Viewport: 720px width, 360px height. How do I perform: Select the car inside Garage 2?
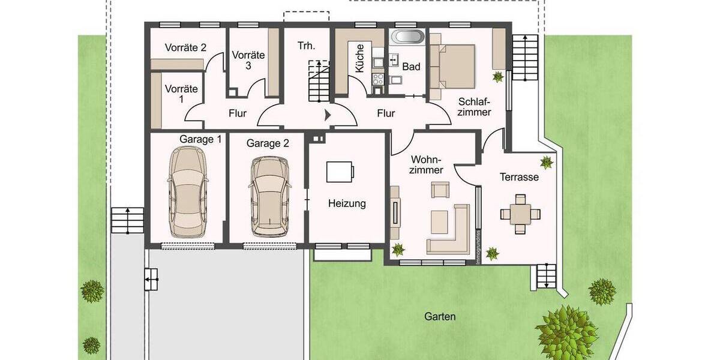coord(269,196)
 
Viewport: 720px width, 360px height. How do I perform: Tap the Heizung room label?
coord(347,204)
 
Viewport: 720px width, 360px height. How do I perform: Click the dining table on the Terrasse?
coord(520,212)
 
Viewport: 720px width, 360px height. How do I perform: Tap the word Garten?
coord(440,316)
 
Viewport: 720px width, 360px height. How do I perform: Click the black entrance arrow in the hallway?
coord(328,114)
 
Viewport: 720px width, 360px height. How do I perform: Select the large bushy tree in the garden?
coord(566,332)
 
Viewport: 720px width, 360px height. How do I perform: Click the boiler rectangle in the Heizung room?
coord(340,172)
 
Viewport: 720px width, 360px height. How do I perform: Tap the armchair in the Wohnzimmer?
coord(439,191)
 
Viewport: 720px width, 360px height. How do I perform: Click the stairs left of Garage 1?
coord(127,220)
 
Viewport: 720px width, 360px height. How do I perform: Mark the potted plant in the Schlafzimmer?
coord(497,77)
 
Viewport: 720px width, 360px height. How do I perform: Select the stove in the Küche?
coord(378,79)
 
